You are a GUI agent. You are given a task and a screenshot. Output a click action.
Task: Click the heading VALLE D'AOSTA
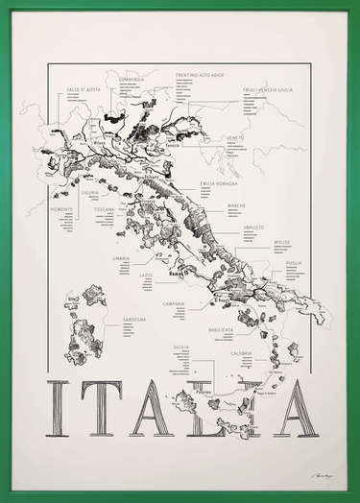coord(84,88)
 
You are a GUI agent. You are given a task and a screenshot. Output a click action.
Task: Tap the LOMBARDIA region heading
coord(132,80)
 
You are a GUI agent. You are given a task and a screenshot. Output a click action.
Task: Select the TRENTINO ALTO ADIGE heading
coord(200,74)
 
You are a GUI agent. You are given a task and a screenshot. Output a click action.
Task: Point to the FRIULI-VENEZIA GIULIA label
coord(268,89)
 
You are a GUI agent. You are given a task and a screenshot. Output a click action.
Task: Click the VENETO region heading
coord(235,137)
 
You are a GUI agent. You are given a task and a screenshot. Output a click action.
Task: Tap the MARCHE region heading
coord(237,205)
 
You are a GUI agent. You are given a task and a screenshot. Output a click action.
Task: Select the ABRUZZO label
coord(252,228)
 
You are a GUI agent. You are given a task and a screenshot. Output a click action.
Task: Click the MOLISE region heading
coord(281,242)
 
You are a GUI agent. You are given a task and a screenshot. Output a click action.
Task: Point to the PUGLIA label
coord(293,262)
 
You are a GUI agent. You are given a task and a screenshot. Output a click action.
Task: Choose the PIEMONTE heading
coord(61,208)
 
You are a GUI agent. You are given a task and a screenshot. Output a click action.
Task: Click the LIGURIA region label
coord(89,192)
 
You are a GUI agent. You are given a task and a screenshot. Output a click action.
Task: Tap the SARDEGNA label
coord(133,320)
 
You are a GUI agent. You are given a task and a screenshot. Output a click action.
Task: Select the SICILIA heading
coord(181,347)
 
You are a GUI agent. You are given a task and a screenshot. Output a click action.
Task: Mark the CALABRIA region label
coord(241,352)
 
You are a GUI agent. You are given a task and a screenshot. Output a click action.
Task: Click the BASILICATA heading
coord(222,329)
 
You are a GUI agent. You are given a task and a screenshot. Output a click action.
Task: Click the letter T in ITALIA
coord(100,408)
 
